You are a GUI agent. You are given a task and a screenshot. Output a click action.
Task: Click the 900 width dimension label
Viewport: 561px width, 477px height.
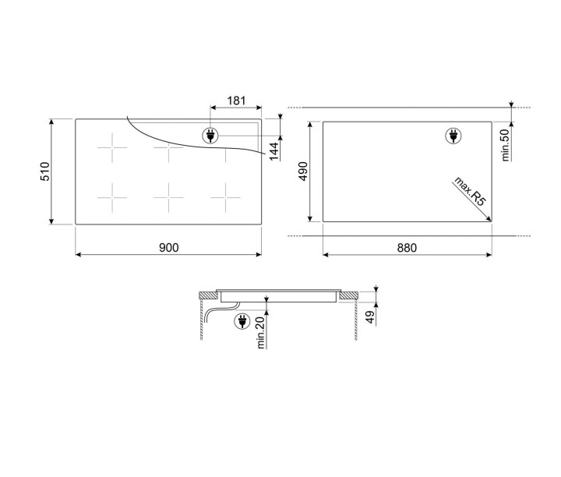168,248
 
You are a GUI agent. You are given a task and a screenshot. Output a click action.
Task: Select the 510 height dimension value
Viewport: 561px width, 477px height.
44,171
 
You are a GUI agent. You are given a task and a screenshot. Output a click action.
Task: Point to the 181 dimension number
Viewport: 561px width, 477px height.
237,101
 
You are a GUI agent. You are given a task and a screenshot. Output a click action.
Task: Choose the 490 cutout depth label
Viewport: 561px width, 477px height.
303,171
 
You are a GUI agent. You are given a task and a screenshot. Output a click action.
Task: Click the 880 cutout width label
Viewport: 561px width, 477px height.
407,248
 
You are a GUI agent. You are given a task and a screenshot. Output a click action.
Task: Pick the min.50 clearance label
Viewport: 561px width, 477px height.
504,145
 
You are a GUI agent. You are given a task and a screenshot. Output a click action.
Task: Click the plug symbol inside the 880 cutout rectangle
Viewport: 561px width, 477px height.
452,136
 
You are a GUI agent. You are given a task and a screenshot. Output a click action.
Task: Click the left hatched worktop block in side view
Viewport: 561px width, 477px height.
209,295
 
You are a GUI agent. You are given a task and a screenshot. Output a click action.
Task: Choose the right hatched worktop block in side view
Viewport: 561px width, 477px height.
349,295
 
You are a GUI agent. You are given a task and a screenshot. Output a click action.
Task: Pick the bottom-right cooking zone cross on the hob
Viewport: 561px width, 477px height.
225,199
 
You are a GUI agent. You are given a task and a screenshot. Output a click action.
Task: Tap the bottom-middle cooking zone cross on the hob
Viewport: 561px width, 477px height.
168,199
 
